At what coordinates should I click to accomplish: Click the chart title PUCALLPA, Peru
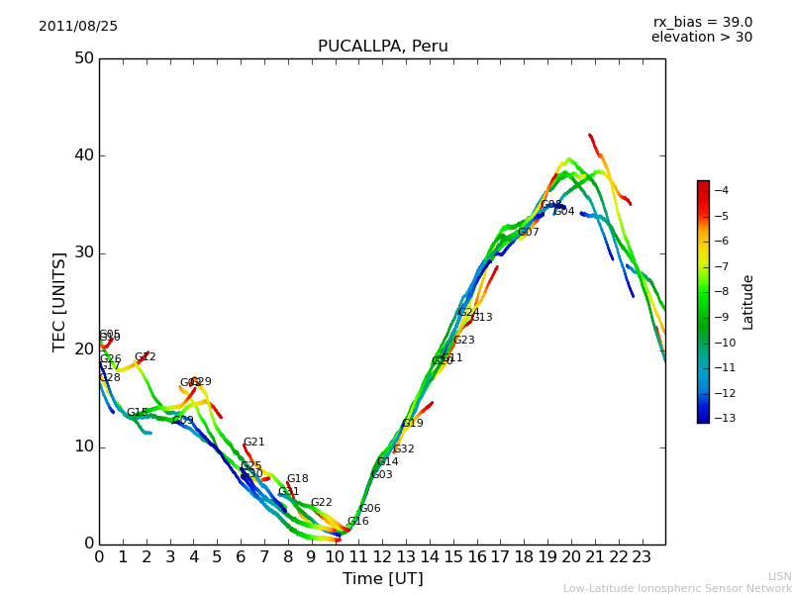382,47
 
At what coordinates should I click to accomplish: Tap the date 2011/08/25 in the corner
78,27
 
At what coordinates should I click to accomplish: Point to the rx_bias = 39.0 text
702,23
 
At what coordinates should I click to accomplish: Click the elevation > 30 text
701,38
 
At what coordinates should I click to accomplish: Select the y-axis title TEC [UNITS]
59,301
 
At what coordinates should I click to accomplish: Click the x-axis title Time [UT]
382,579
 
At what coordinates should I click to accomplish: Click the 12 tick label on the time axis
382,557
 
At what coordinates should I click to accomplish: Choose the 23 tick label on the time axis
642,557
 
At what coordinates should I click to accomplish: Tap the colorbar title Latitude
748,302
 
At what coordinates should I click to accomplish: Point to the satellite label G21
254,443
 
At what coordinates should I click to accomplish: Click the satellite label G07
529,233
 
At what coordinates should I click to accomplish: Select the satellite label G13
482,318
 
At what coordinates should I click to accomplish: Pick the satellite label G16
357,522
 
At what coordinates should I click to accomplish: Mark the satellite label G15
137,413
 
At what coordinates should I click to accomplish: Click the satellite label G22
322,503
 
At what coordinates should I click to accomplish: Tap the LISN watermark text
780,576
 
